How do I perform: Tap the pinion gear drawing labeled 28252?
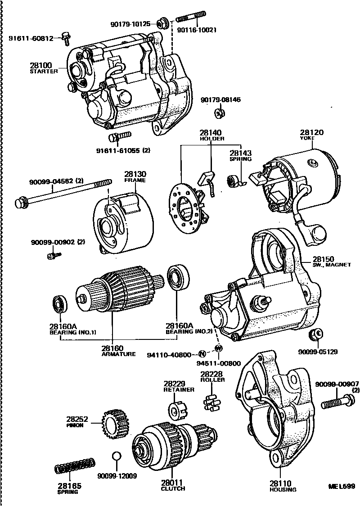pyautogui.click(x=113, y=423)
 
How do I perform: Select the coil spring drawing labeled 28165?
pyautogui.click(x=76, y=466)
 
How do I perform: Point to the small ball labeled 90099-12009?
pyautogui.click(x=116, y=456)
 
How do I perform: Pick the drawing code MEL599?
pyautogui.click(x=342, y=487)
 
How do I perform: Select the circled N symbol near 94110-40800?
pyautogui.click(x=202, y=354)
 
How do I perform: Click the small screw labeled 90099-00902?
pyautogui.click(x=54, y=256)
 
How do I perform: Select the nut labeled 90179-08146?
pyautogui.click(x=220, y=112)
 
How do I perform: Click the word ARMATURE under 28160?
pyautogui.click(x=118, y=354)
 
